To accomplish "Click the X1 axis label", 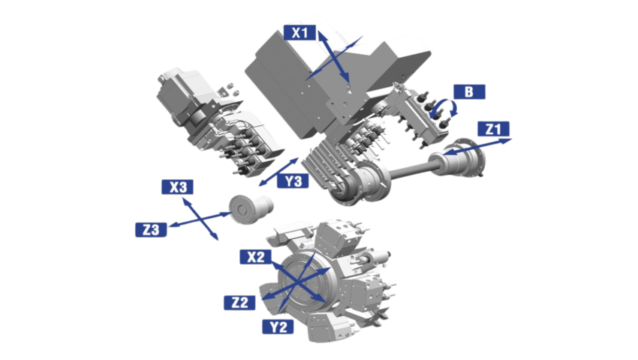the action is (x=300, y=32).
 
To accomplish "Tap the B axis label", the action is (x=469, y=91).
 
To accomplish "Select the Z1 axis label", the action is (x=494, y=129).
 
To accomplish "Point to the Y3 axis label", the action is (x=293, y=181).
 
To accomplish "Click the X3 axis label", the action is (x=177, y=187).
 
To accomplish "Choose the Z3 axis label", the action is (x=151, y=229).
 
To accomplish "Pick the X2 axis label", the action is (x=255, y=256).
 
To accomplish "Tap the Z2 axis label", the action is (x=239, y=302).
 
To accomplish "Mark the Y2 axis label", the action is (x=278, y=326).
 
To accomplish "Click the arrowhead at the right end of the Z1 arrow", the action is (x=507, y=141).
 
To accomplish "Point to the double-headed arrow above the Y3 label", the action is (x=278, y=172).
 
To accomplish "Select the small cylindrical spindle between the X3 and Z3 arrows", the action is (x=251, y=208).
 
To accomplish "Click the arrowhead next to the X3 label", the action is (x=185, y=201).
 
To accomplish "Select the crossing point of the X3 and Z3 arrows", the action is (x=200, y=219).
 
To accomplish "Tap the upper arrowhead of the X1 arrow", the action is (x=322, y=36).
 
